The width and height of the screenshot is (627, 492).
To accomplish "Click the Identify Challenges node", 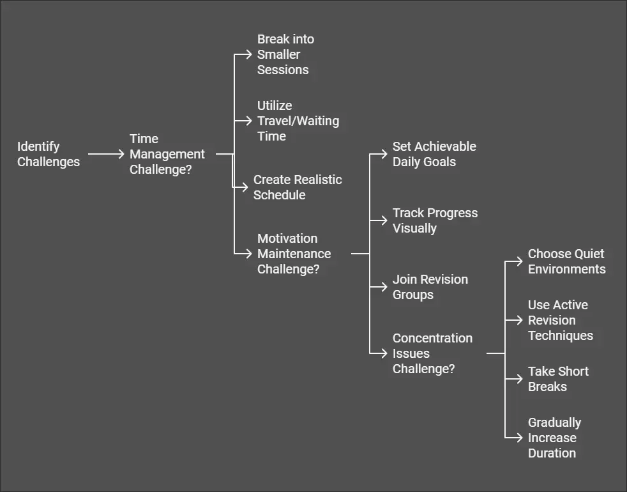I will pos(49,154).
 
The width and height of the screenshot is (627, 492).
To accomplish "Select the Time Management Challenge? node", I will pos(167,154).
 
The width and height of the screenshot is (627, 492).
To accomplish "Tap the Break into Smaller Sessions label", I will pos(285,54).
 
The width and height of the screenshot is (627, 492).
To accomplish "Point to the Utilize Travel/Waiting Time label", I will pos(298,121).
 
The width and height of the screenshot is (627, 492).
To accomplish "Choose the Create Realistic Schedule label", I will pos(298,187).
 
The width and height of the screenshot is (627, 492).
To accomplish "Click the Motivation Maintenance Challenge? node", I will pos(294,254).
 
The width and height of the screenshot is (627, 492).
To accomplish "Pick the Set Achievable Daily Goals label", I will pos(434,154).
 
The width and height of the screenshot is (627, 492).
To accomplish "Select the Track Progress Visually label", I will pos(435,220).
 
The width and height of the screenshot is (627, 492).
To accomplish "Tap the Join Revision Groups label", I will pos(430,287).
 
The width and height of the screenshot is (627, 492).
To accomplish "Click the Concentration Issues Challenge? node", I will pos(432,353).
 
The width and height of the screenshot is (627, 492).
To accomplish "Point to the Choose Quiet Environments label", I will pos(566,261).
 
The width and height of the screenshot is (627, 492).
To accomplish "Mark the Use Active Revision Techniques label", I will pos(560,320).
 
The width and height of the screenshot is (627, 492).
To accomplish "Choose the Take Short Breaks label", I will pos(558,379).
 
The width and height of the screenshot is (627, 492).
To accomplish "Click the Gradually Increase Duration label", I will pos(554,438).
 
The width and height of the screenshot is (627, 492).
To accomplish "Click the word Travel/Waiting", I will pos(298,121).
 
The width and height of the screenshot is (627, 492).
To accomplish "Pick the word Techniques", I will pos(560,335).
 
